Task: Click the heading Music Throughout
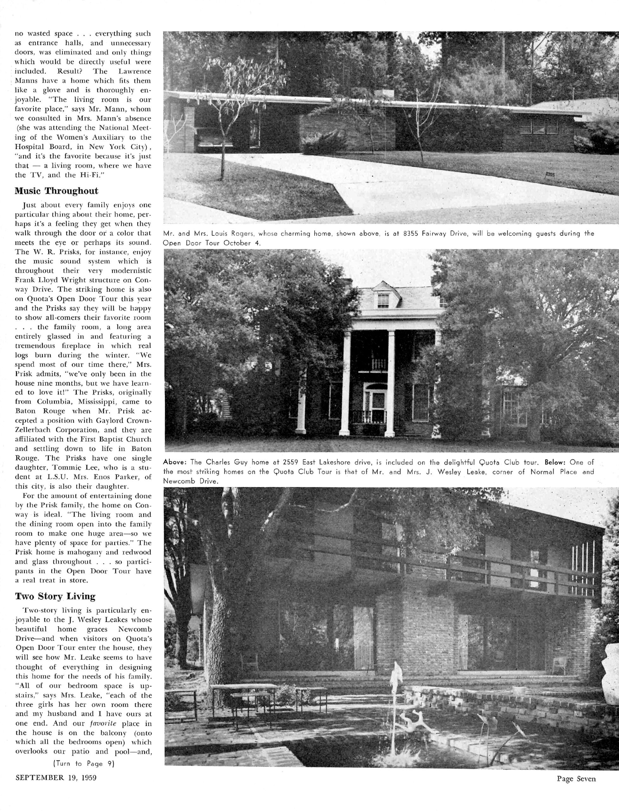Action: coord(56,191)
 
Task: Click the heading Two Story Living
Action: coord(55,596)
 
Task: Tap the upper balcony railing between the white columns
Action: coord(379,364)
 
